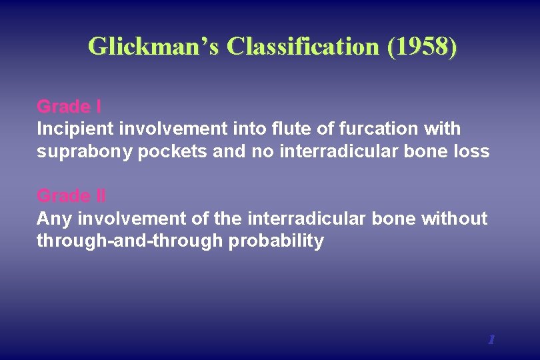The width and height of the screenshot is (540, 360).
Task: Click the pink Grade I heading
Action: point(69,106)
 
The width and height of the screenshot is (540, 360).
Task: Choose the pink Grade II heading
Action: point(71,195)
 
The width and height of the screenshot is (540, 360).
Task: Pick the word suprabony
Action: point(85,151)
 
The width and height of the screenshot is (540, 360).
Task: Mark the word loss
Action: point(472,151)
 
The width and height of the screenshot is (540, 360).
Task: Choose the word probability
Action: point(276,241)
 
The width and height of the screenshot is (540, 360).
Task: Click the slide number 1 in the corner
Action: point(491,339)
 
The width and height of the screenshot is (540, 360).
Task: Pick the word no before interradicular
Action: point(263,151)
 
